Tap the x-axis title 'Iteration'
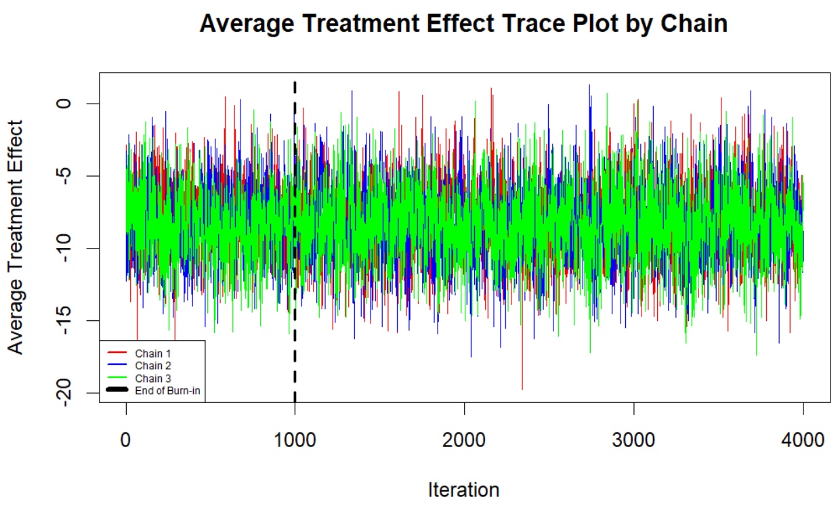[x=464, y=490]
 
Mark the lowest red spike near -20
[x=522, y=388]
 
